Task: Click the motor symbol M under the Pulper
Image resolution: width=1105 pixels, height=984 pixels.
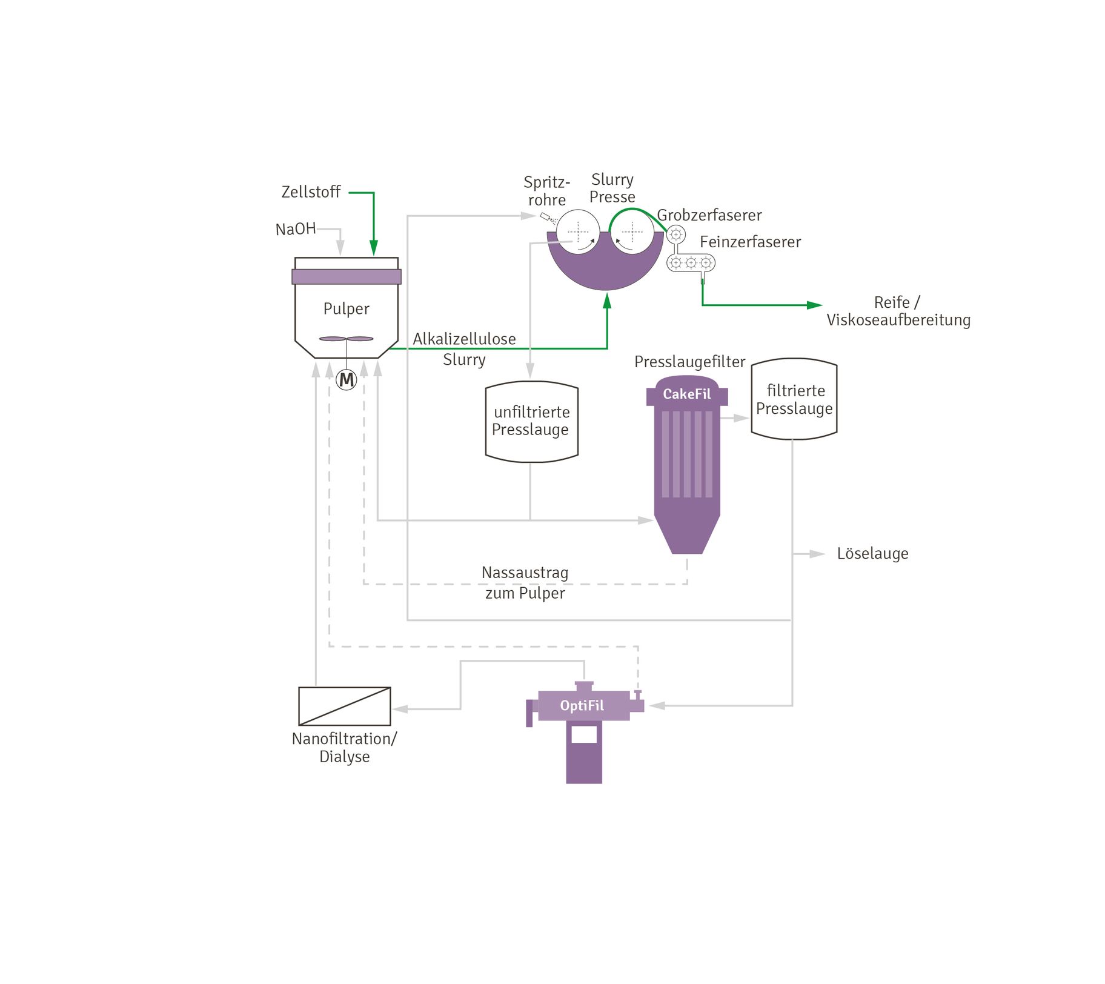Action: point(346,380)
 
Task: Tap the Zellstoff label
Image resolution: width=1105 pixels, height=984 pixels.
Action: point(311,192)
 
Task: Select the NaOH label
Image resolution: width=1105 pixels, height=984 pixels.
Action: point(295,229)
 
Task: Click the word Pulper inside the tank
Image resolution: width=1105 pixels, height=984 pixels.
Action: point(346,308)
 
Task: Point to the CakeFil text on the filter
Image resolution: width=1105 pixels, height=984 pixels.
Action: point(686,394)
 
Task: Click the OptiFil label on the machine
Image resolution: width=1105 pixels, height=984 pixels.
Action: point(582,705)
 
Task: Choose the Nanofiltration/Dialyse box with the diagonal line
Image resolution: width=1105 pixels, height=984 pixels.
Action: point(344,706)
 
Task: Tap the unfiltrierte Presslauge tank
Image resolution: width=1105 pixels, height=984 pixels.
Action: point(531,421)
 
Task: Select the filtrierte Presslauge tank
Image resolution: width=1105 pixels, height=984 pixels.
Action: point(794,399)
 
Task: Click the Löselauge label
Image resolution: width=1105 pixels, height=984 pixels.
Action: point(872,553)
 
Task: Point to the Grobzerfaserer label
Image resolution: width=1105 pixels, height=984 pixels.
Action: point(709,215)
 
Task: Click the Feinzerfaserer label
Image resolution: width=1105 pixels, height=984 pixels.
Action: point(750,242)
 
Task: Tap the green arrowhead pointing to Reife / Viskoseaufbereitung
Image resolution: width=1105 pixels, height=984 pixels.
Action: point(814,305)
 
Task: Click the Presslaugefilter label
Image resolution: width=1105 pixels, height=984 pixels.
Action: point(689,362)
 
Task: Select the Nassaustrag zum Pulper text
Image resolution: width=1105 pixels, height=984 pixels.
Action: point(525,582)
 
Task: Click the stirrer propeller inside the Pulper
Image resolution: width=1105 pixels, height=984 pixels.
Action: point(346,339)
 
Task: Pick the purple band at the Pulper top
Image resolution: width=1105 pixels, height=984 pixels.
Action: point(346,276)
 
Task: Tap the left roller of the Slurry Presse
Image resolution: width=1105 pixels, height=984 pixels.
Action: point(578,231)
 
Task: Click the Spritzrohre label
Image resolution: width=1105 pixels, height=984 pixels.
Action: point(546,191)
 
